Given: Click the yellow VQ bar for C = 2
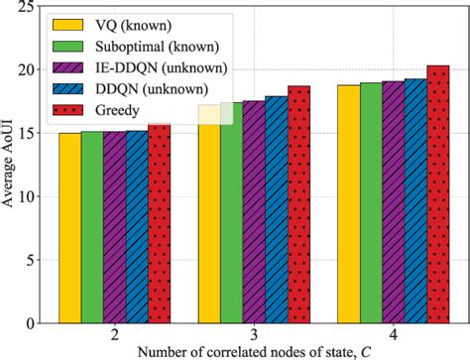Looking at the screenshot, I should point(69,227).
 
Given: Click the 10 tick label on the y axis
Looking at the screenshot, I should point(36,196).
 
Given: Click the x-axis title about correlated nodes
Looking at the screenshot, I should point(253,351).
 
